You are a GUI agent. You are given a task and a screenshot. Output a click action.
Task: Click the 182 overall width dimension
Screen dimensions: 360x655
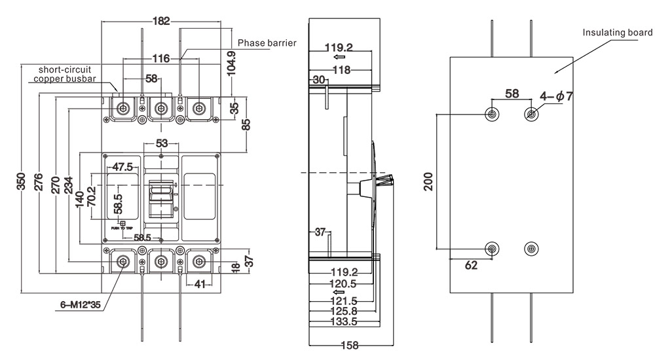(x=160, y=21)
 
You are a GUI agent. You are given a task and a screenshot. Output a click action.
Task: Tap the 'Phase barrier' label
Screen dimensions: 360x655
(x=267, y=43)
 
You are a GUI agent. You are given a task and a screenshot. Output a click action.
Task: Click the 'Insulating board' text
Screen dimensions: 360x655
(x=618, y=31)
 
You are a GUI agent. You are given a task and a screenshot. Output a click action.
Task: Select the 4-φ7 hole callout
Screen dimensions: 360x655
(x=556, y=96)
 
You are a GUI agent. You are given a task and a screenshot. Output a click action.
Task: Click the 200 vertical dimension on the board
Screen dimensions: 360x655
(x=429, y=181)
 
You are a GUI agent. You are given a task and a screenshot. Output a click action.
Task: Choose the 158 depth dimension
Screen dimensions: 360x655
(x=351, y=346)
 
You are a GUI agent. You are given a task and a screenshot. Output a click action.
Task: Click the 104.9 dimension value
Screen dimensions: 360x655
(x=231, y=63)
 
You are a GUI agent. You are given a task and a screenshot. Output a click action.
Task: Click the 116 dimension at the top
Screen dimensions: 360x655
(x=161, y=59)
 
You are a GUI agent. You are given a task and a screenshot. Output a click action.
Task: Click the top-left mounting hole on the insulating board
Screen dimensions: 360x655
(x=493, y=115)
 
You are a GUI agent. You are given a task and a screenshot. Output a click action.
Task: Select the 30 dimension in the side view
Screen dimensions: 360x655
(x=319, y=79)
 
